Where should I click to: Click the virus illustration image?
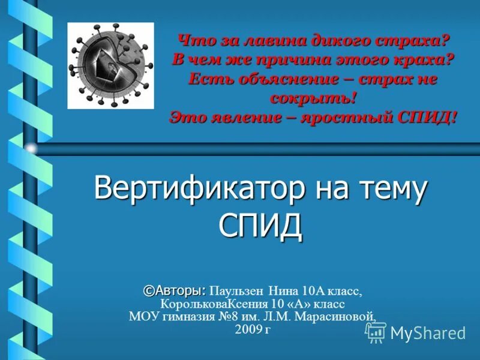110,65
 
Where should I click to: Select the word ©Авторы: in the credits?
175,291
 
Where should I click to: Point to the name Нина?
283,292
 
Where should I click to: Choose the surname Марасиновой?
344,316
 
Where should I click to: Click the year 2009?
248,329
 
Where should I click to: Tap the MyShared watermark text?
428,334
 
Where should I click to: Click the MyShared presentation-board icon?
376,332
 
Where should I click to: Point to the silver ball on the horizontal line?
31,148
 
